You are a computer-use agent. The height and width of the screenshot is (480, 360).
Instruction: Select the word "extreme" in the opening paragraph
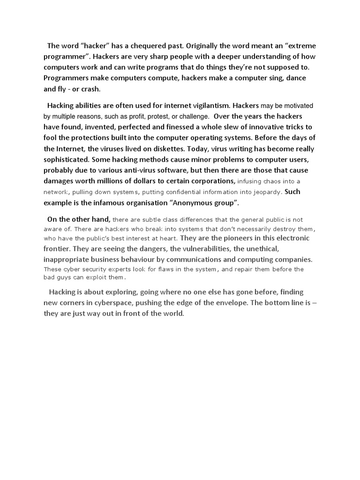coord(301,46)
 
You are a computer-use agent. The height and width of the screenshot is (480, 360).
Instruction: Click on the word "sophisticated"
coord(66,159)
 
